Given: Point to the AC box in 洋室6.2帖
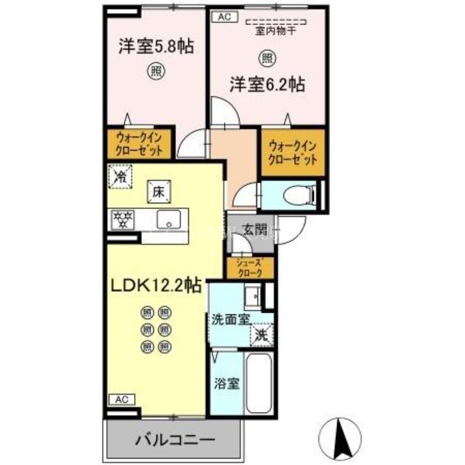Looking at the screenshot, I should pyautogui.click(x=224, y=17).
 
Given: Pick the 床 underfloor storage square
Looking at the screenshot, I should pyautogui.click(x=158, y=191).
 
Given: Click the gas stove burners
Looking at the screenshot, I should pyautogui.click(x=124, y=219).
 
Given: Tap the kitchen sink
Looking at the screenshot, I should pyautogui.click(x=170, y=220).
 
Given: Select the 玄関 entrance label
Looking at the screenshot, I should pyautogui.click(x=251, y=228).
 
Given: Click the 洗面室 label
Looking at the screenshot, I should pyautogui.click(x=231, y=319).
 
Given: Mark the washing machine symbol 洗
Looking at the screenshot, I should pyautogui.click(x=262, y=335).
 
